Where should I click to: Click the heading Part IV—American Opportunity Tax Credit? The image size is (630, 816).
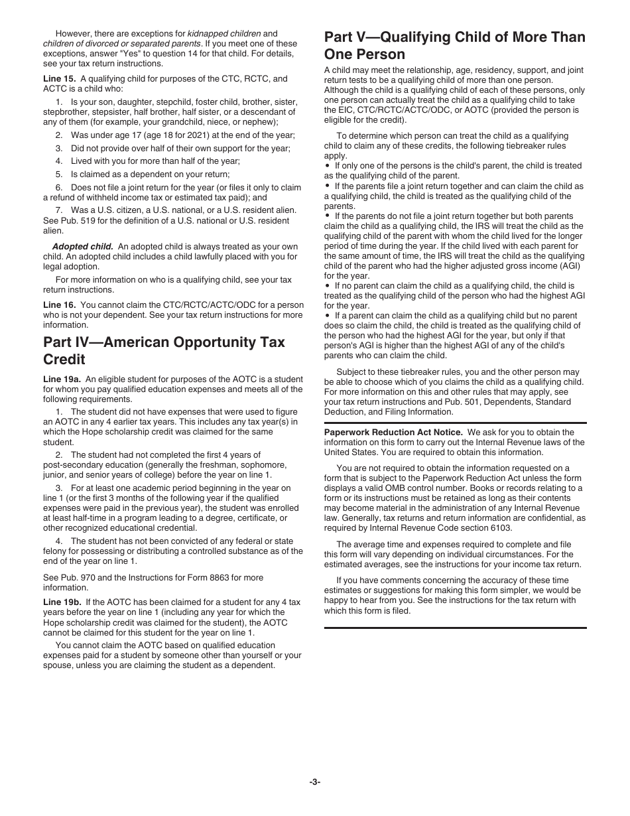click(x=164, y=350)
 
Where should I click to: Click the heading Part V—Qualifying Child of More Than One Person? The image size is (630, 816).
click(x=455, y=45)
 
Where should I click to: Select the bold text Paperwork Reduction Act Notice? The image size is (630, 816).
click(x=393, y=432)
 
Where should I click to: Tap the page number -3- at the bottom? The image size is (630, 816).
click(x=315, y=782)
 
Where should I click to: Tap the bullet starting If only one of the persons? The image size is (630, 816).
click(x=328, y=166)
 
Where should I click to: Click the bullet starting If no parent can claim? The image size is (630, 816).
click(x=328, y=286)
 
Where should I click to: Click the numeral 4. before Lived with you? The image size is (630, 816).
click(x=58, y=161)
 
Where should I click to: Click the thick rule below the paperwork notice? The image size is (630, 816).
click(x=455, y=628)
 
